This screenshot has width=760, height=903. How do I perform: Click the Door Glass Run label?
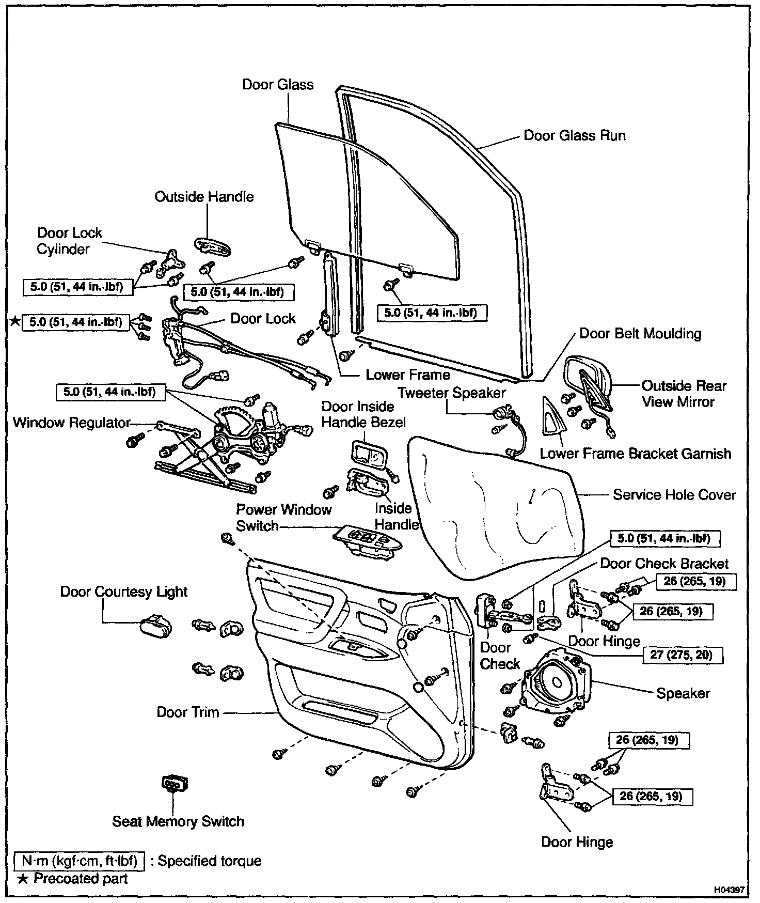(x=574, y=136)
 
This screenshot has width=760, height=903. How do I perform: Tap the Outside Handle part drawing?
(x=212, y=246)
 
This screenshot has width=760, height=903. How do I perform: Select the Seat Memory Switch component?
(x=175, y=784)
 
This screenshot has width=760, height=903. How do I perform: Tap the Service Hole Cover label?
(x=674, y=495)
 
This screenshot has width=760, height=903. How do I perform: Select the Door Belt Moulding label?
(x=640, y=334)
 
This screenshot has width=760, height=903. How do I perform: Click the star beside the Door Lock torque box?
(x=15, y=322)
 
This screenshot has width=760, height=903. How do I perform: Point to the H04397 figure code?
(x=729, y=890)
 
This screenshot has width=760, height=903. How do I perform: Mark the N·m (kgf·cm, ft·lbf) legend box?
(x=79, y=861)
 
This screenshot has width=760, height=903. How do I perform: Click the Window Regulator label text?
(x=72, y=423)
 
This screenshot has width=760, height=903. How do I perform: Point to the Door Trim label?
(x=188, y=712)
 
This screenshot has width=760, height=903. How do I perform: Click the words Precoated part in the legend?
(x=81, y=879)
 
